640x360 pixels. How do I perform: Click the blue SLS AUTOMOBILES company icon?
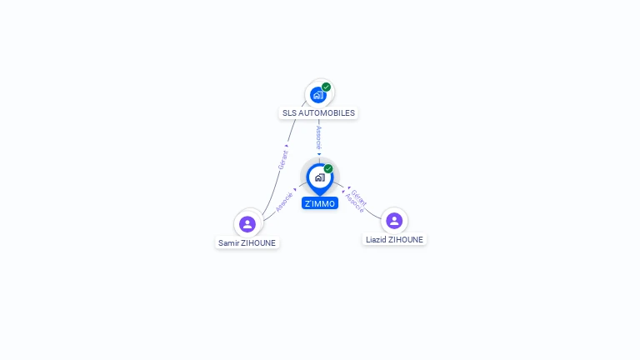[x=318, y=95]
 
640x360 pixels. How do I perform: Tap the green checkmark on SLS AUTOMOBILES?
[x=326, y=87]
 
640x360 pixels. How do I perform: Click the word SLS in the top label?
[x=289, y=113]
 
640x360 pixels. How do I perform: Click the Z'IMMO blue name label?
[x=320, y=203]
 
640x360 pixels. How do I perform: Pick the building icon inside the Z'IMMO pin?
[x=320, y=177]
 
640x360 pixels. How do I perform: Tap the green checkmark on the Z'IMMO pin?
[x=328, y=168]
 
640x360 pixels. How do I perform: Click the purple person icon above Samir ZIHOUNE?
[x=247, y=224]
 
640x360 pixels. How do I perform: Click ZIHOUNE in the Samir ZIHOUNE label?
[x=258, y=242]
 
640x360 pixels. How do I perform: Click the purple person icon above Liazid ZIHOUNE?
[x=394, y=221]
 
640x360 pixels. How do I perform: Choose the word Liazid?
[x=376, y=240]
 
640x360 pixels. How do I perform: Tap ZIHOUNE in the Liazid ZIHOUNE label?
[x=406, y=240]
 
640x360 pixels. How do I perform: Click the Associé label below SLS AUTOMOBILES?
[x=319, y=137]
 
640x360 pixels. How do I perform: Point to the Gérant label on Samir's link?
[x=282, y=160]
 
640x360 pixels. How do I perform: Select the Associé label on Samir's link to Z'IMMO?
[x=284, y=202]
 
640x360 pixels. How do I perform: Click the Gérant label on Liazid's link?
[x=359, y=197]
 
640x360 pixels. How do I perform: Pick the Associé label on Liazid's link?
[x=354, y=203]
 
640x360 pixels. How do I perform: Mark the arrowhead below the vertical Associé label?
[x=319, y=154]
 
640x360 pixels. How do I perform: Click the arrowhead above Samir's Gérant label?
[x=287, y=146]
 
